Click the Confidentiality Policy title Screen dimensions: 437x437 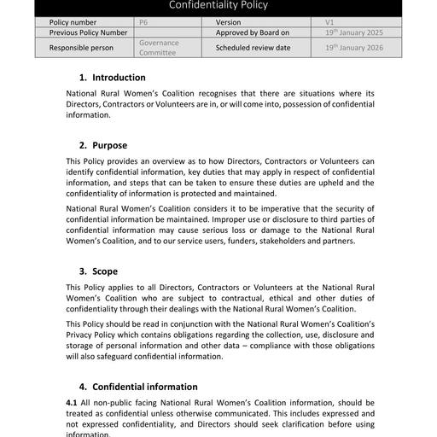tap(218, 6)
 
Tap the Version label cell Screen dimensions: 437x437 tap(228, 22)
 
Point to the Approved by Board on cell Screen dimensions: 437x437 tap(253, 32)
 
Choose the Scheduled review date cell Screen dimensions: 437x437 tap(253, 48)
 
